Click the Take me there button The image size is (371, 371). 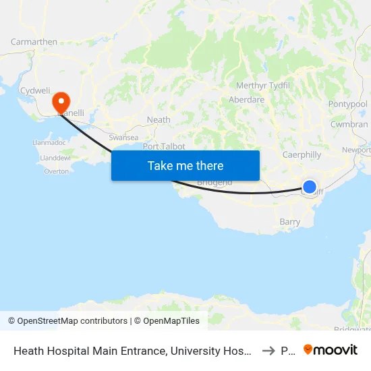point(185,165)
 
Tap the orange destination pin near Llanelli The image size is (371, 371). point(61,103)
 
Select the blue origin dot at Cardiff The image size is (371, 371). point(309,187)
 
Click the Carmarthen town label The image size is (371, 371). point(34,42)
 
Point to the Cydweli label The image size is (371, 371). point(35,90)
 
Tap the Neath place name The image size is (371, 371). point(159,120)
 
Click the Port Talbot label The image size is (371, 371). point(164,146)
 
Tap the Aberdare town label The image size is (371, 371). point(246,99)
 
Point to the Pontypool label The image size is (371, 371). point(347,104)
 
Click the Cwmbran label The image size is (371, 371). point(349,125)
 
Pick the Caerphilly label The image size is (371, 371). point(302,154)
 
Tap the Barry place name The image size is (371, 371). point(289,221)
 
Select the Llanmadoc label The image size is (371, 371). point(48,143)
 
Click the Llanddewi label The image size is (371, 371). point(55,158)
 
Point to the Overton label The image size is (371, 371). point(56,171)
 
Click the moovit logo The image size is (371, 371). point(331,350)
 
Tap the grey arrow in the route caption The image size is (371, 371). point(268,351)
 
